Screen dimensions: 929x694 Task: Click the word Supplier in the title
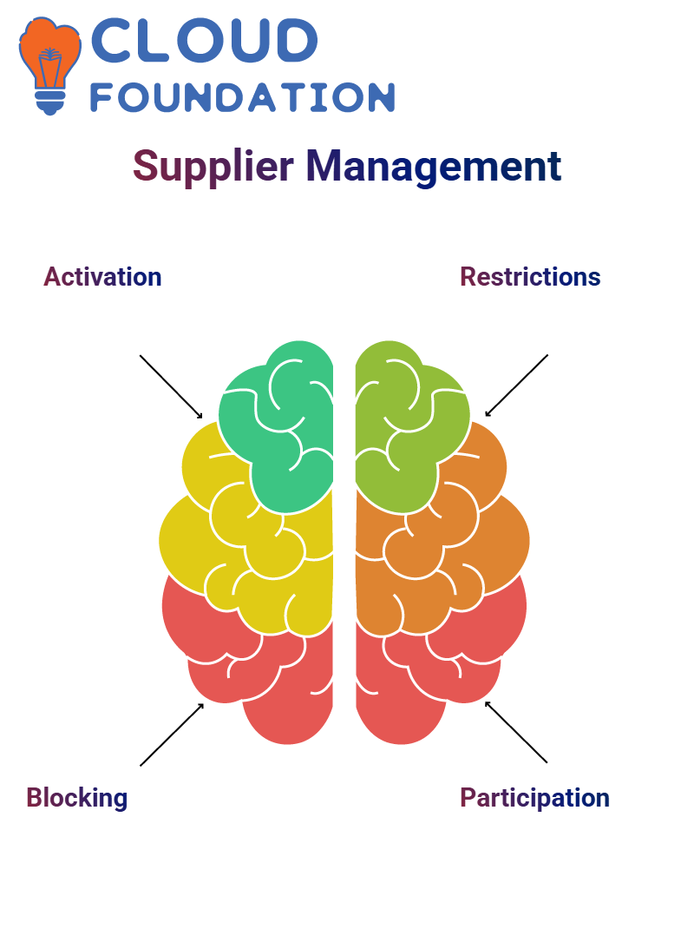pos(209,167)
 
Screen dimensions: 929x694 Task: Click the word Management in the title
pos(433,167)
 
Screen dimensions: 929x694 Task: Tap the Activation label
pos(102,277)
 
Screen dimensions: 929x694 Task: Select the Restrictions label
pos(530,277)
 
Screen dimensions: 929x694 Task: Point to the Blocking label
pos(77,797)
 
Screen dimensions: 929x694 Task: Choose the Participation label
pos(534,797)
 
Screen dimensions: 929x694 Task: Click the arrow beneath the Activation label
pos(171,385)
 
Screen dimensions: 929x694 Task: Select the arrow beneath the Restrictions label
pos(516,385)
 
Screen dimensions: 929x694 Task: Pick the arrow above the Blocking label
pos(172,735)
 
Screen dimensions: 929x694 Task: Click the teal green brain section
pos(286,434)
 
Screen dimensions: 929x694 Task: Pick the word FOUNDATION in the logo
pos(242,97)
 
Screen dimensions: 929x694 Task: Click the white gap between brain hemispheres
pos(344,538)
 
